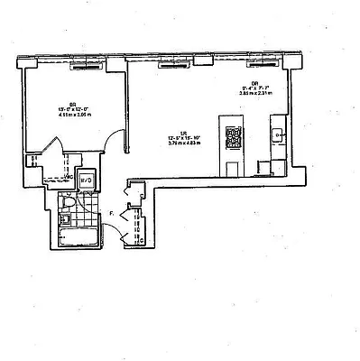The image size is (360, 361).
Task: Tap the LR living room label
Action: [x=183, y=133]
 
